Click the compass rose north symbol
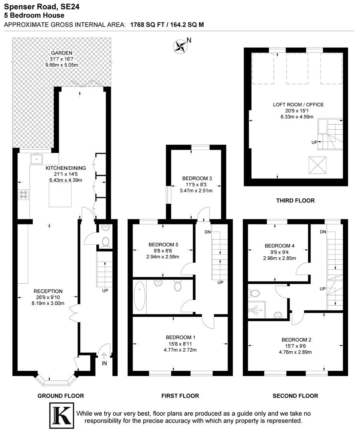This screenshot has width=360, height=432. tap(181, 46)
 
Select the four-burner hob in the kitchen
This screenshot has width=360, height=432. tap(23, 195)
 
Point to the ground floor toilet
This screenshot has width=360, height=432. tap(106, 242)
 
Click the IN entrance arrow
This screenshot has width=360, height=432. tap(104, 356)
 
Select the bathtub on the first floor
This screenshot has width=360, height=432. tap(140, 296)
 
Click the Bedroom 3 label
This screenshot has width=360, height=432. tap(196, 178)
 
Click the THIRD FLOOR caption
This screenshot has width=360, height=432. tap(296, 200)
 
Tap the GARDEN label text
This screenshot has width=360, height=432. tap(61, 53)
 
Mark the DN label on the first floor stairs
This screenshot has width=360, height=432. tap(207, 232)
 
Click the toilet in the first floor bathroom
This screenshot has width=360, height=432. tap(178, 286)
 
